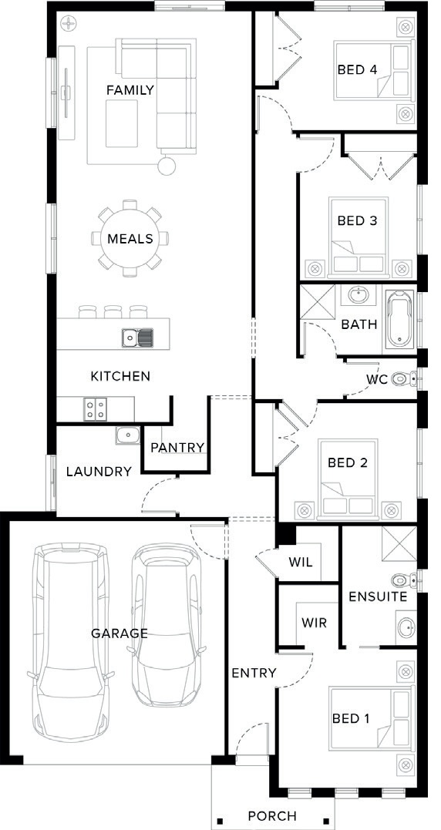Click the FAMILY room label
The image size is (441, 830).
tap(130, 90)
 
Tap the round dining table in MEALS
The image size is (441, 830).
tap(130, 238)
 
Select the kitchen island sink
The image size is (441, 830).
tap(138, 338)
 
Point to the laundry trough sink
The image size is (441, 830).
tap(127, 435)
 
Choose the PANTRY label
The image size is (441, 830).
tap(177, 448)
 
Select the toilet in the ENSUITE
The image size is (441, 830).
tap(403, 580)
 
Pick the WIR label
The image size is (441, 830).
tap(314, 622)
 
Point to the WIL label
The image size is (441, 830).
tap(300, 562)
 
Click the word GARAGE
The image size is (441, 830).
tap(120, 633)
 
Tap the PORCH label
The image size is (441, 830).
tap(272, 816)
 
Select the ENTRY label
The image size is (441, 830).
tap(254, 673)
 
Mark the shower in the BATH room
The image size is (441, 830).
tap(318, 302)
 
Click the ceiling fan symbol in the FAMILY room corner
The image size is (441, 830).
tap(69, 23)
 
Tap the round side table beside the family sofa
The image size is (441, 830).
tap(167, 166)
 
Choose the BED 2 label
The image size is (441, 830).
tap(347, 463)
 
